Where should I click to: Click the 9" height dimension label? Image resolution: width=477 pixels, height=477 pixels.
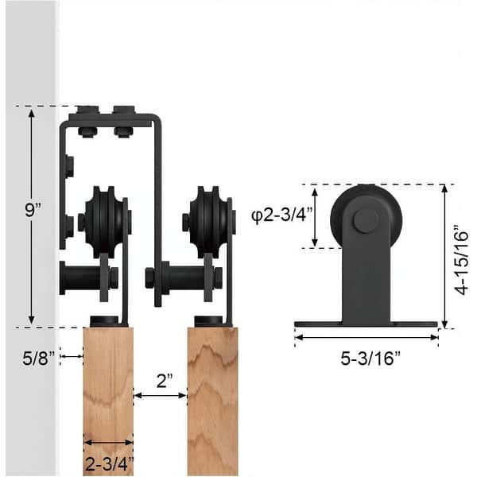[33, 210]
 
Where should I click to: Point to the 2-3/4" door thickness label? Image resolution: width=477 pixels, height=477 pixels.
[108, 461]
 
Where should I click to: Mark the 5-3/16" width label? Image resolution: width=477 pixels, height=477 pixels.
[366, 357]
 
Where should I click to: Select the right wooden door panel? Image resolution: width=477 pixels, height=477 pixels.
[212, 397]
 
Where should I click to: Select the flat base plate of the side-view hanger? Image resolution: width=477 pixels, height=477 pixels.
[366, 324]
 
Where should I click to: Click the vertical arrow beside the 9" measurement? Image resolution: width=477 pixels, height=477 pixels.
[33, 262]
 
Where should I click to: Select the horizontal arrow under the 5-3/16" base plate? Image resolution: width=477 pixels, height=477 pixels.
[366, 336]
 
